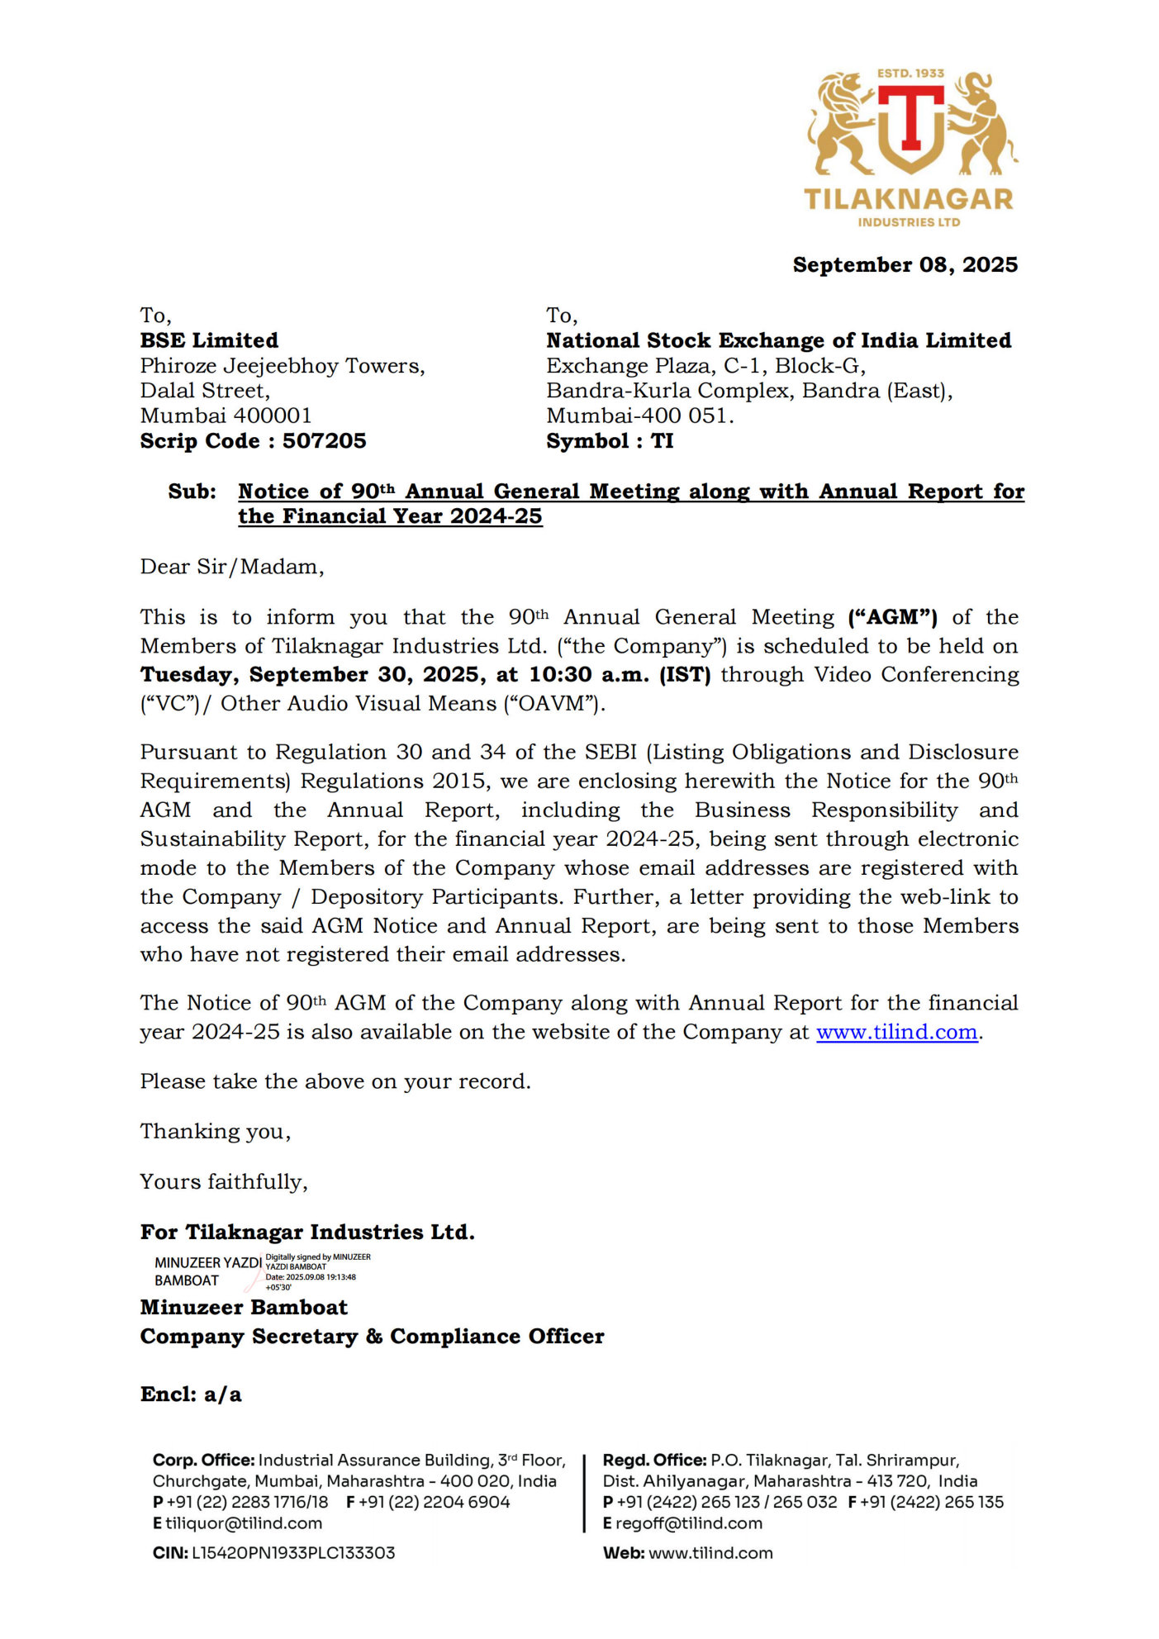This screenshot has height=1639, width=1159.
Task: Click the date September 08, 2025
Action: click(x=905, y=265)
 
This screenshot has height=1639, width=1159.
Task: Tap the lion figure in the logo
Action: click(x=838, y=124)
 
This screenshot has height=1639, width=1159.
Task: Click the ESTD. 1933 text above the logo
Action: click(x=910, y=74)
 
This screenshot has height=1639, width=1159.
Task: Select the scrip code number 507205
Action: click(x=324, y=441)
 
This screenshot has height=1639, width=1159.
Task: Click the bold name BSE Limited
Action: click(x=209, y=340)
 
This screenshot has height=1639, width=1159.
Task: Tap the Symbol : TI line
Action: click(x=610, y=441)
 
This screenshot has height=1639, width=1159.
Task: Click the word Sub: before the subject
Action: click(x=192, y=492)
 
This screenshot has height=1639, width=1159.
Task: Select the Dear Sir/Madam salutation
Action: click(x=232, y=567)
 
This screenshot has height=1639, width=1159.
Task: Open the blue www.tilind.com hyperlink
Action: click(x=896, y=1033)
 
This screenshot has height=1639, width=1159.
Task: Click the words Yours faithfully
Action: click(x=224, y=1182)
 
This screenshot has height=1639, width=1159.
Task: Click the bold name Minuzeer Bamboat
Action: click(x=244, y=1308)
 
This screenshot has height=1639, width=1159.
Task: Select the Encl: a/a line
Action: click(x=191, y=1394)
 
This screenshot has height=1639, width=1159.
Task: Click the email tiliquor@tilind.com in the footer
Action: click(x=244, y=1523)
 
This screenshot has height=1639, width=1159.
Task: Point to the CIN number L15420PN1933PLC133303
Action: click(x=293, y=1553)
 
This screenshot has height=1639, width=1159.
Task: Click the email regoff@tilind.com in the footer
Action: click(x=688, y=1523)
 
